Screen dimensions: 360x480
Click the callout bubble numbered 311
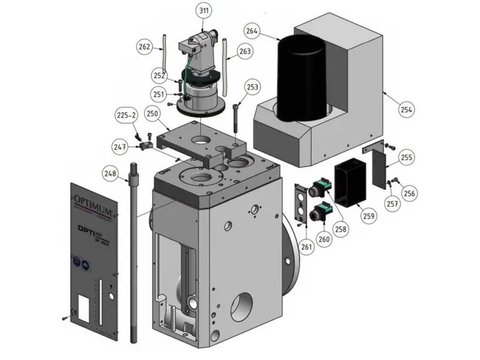coord(202,11)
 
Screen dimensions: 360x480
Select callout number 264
coord(253,31)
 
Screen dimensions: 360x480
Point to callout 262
coord(145,47)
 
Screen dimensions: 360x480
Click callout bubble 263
coord(245,52)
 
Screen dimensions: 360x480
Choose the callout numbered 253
coord(253,87)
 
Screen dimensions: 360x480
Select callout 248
coord(110,174)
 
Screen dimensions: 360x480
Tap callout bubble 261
coord(306,246)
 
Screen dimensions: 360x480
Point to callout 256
coord(409,193)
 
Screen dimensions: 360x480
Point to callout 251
coord(159,94)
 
